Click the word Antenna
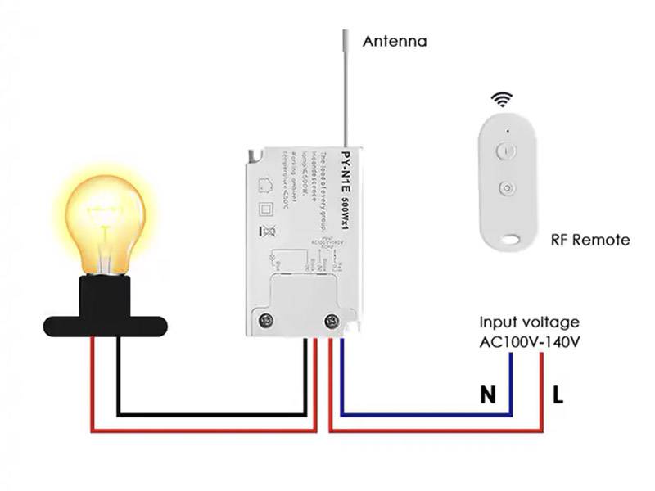pos(395,40)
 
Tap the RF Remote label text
pos(589,240)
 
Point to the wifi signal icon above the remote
pos(499,101)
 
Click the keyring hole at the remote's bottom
pos(511,240)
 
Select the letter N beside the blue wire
pos(488,395)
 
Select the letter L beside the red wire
pos(558,395)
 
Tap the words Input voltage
pos(529,322)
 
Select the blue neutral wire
pos(426,414)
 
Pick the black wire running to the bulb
pos(213,414)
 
